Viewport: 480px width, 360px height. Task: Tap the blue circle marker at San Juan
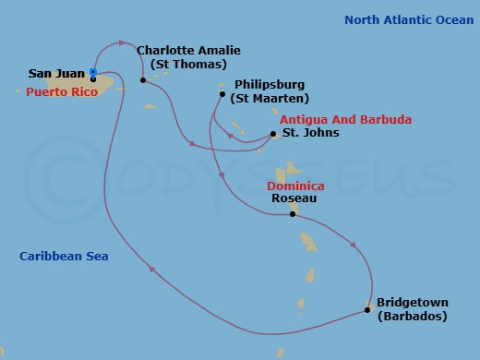(93, 71)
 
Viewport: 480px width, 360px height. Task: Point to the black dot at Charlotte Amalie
(143, 79)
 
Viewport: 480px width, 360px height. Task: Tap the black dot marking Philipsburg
(222, 93)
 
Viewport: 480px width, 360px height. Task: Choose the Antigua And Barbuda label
(345, 120)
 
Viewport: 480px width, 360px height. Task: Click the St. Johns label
(310, 133)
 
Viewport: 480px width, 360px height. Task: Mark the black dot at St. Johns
(274, 134)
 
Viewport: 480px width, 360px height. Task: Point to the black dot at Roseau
(293, 214)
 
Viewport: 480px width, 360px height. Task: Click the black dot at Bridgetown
(368, 309)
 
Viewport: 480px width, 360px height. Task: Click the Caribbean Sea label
(64, 256)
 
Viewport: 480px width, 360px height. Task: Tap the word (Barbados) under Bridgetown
(412, 317)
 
